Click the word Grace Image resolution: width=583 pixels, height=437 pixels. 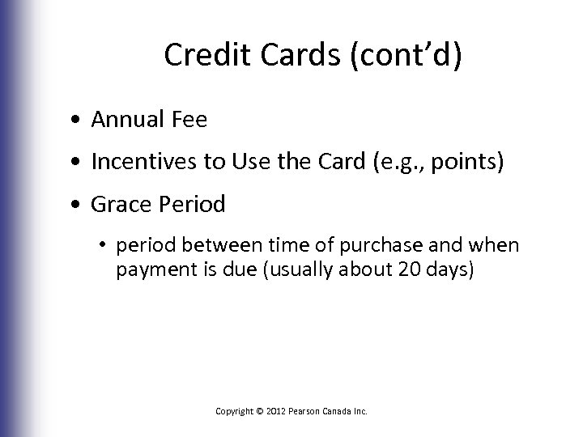click(x=117, y=206)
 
